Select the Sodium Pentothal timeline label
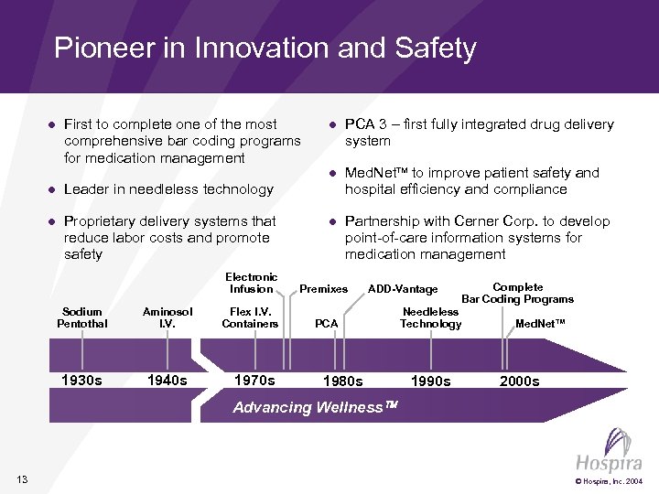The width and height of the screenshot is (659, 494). [x=82, y=317]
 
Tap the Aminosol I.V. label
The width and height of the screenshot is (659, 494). [x=167, y=317]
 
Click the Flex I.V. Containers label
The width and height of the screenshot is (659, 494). [x=250, y=317]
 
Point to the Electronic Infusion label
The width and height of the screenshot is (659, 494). [x=251, y=283]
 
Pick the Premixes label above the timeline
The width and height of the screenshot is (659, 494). [x=324, y=289]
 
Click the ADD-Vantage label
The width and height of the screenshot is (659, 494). [x=403, y=289]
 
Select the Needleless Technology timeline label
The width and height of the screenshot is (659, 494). [x=430, y=317]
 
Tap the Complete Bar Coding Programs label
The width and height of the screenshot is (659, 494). [x=517, y=293]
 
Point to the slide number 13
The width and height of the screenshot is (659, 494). [x=22, y=480]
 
